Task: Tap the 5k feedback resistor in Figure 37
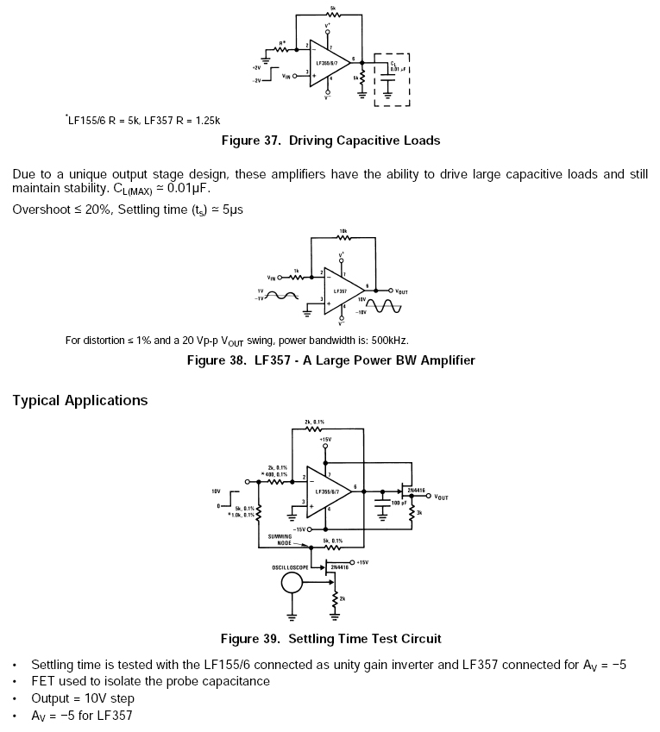pyautogui.click(x=332, y=16)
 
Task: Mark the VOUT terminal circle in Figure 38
pyautogui.click(x=391, y=291)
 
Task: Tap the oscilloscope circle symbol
pyautogui.click(x=292, y=584)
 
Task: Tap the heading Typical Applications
pyautogui.click(x=80, y=400)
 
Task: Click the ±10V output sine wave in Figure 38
pyautogui.click(x=386, y=306)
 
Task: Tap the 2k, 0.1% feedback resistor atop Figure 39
pyautogui.click(x=313, y=429)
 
